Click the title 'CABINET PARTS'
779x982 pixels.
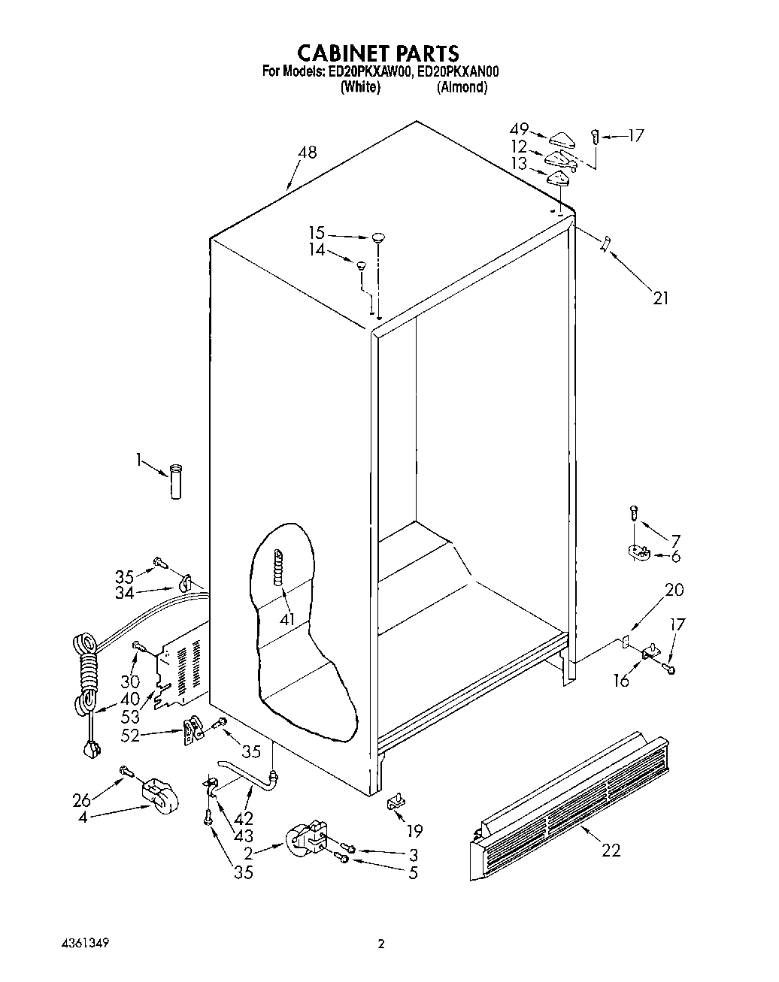click(377, 53)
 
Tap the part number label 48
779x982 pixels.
click(307, 153)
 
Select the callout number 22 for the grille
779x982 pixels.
click(611, 850)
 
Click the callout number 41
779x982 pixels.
click(287, 619)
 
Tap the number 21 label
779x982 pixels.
click(660, 298)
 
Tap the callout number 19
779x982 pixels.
click(414, 830)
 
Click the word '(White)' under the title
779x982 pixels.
click(360, 87)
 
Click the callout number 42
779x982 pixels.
click(244, 818)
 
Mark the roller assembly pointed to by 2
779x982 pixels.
click(305, 838)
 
